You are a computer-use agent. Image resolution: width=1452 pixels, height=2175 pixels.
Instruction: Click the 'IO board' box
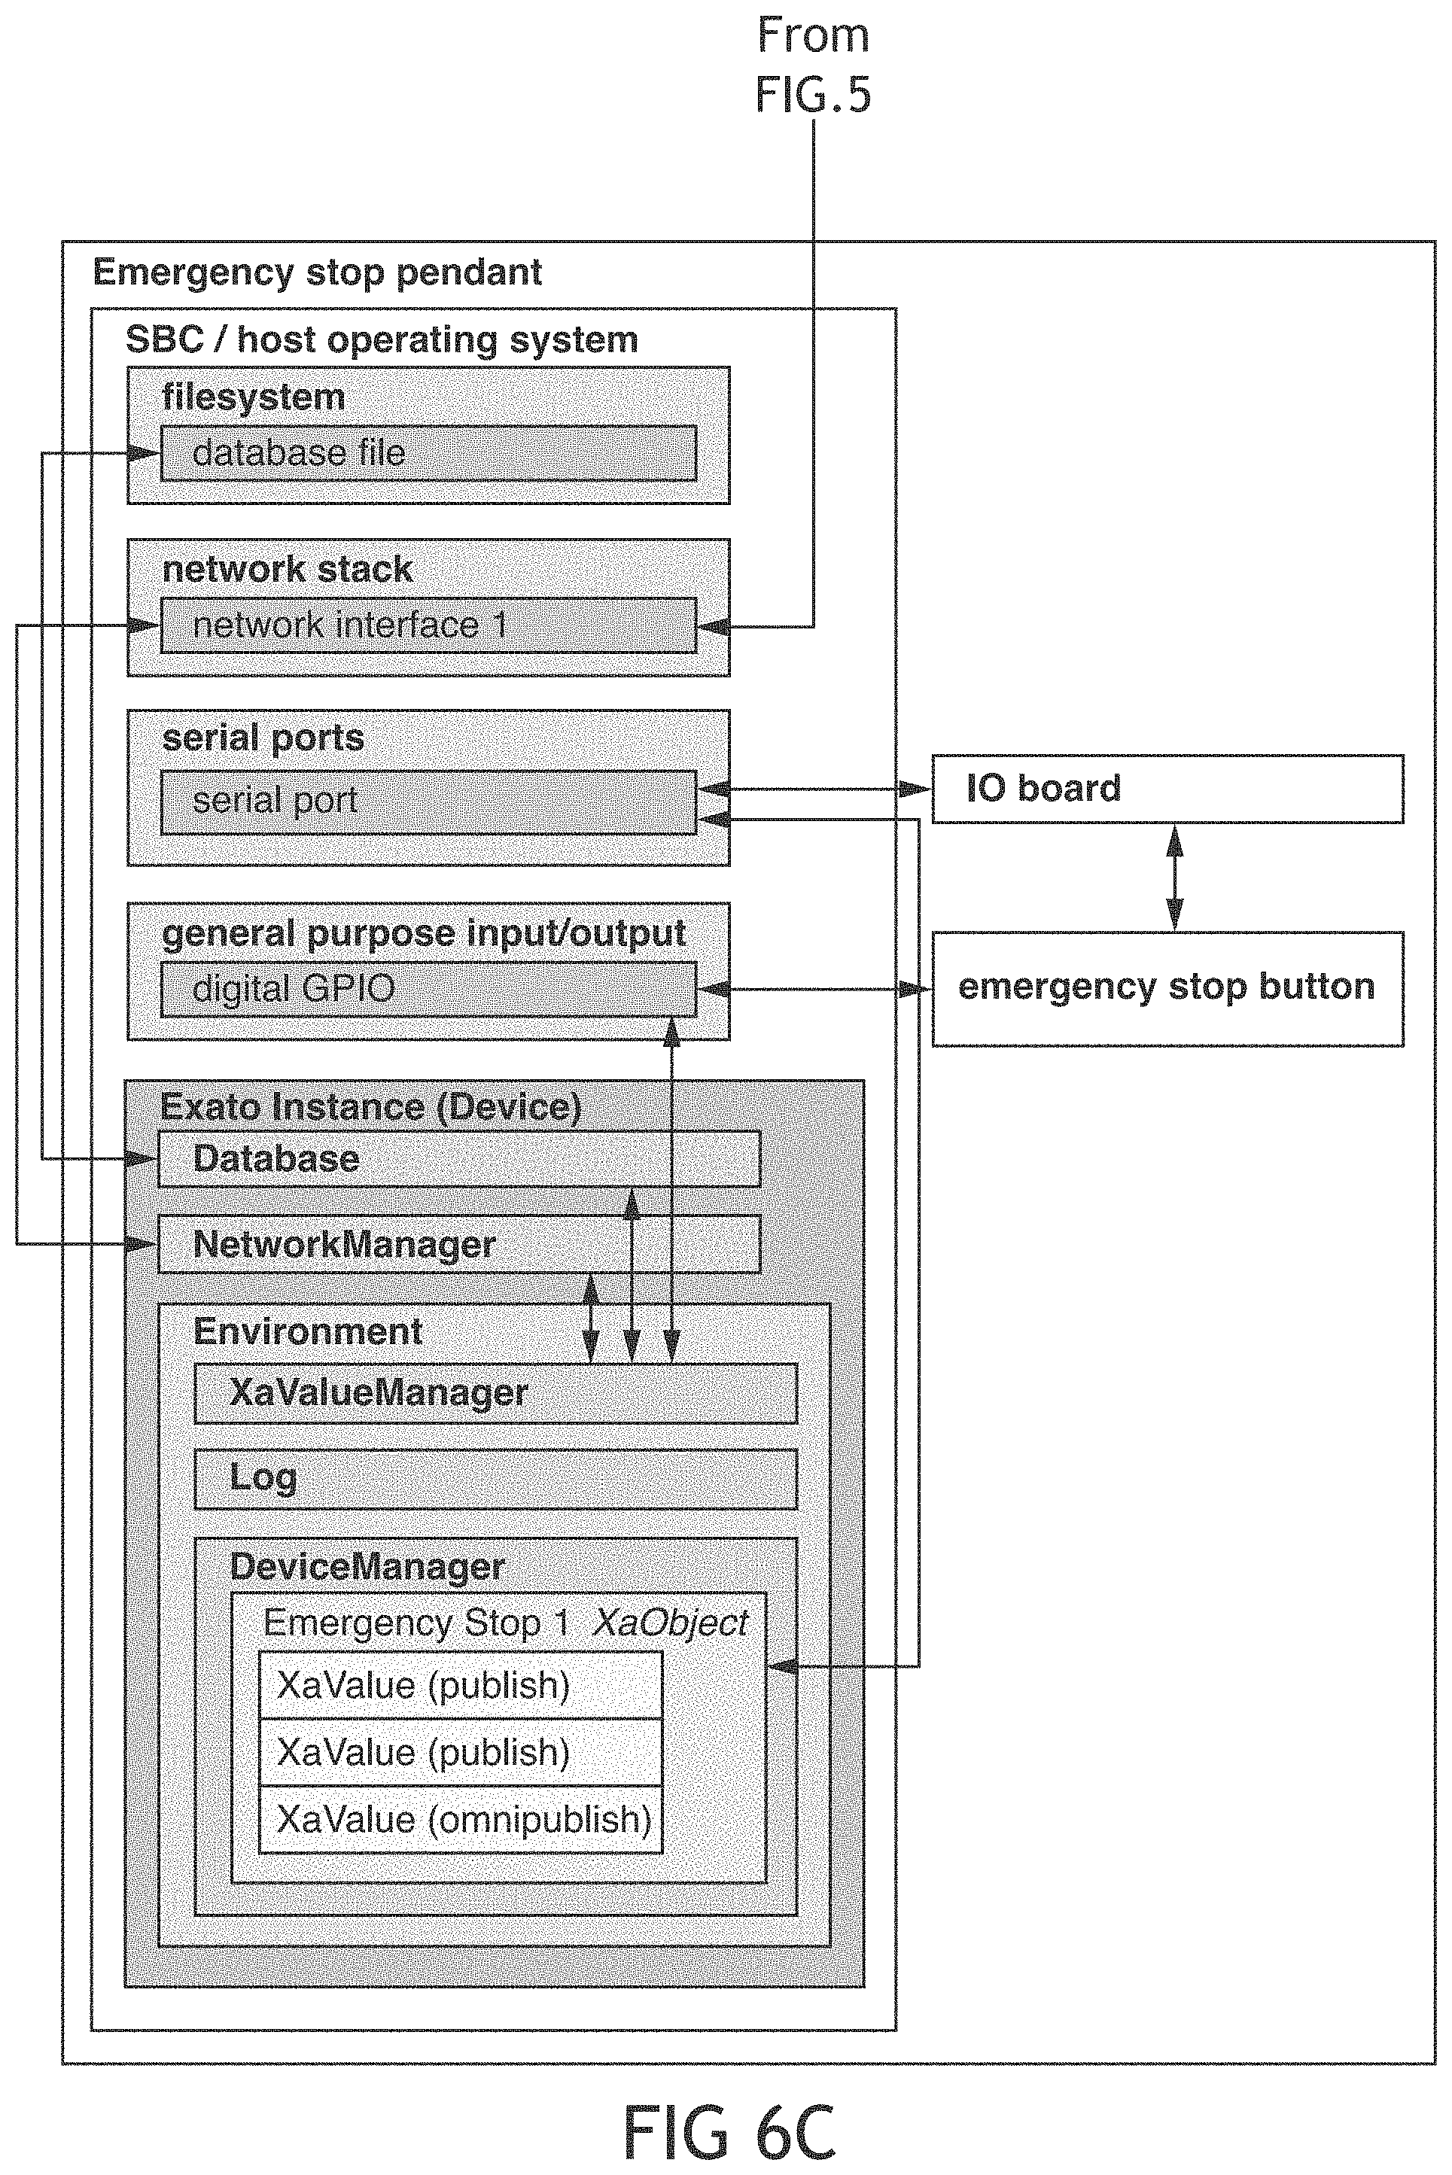coord(1167,789)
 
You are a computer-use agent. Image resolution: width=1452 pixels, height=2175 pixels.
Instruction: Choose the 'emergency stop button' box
coord(1167,989)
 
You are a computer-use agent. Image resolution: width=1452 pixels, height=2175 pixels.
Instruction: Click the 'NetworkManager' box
coord(459,1245)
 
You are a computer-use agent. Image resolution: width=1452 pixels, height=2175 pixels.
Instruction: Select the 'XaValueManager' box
coord(495,1392)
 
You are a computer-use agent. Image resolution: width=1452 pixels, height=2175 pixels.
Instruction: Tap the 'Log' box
coord(495,1479)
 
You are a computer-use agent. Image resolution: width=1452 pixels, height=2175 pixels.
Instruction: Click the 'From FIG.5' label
coord(813,65)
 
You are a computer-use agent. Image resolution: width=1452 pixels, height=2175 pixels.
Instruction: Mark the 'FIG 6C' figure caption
coord(729,2131)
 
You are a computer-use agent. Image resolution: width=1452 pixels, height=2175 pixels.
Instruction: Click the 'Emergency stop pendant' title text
coord(317,272)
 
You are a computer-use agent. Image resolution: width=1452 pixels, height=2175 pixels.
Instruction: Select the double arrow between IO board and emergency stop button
coord(1174,878)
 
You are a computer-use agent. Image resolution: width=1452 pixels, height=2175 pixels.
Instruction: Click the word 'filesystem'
coord(253,397)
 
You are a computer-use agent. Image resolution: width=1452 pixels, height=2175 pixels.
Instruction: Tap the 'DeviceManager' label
coord(367,1567)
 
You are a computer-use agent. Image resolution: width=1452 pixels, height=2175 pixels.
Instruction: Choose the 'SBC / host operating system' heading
coord(382,340)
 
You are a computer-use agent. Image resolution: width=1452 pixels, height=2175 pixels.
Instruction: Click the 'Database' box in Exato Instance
coord(459,1159)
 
